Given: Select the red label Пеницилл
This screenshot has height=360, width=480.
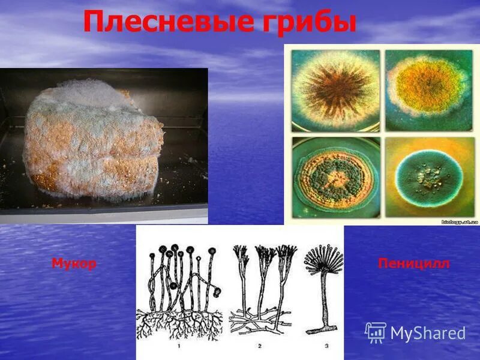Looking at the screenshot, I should pos(413,264).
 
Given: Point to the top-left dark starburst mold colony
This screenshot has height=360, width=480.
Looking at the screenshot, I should pos(335,90).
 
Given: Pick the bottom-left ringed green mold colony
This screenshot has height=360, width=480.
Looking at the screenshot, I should pos(335,178).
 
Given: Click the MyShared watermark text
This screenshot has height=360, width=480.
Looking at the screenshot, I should pos(428,333).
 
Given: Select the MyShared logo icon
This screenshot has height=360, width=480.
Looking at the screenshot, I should pos(376,332).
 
